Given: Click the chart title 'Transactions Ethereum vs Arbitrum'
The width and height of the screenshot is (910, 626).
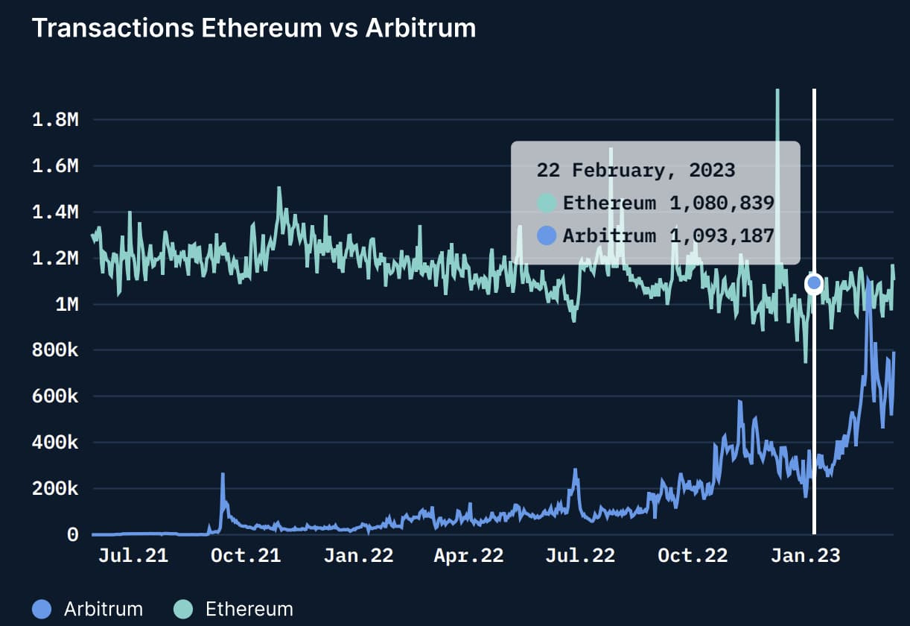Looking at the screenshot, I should tap(253, 28).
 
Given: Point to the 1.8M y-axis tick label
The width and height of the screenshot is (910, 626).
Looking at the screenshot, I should tap(55, 120).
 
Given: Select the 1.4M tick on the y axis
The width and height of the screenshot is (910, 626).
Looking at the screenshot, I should tap(55, 213).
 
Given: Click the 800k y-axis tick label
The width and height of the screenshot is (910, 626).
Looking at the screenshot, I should tap(55, 351).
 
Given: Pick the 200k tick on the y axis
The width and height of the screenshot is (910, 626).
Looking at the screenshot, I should tap(55, 490).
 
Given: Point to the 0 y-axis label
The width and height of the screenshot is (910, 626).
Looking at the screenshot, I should tap(72, 535).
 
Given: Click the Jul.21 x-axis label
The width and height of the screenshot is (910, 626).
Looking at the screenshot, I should tap(133, 556).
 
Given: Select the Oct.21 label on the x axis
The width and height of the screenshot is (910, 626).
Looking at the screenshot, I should tap(246, 556).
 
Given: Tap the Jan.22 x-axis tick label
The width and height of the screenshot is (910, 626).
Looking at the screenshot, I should tap(358, 556).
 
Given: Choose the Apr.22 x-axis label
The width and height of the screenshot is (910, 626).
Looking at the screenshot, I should tap(468, 556).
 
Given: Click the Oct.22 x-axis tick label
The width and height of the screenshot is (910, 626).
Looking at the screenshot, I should tap(693, 556).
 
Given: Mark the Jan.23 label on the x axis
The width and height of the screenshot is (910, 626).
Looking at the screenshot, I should tap(805, 556).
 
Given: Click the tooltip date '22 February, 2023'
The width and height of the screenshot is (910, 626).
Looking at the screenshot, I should tap(635, 170).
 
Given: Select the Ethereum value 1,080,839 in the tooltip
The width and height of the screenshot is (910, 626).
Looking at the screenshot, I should tap(722, 203).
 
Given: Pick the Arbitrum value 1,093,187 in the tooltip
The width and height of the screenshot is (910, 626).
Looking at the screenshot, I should tap(722, 236).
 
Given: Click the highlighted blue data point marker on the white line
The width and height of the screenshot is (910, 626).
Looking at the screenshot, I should tap(814, 282).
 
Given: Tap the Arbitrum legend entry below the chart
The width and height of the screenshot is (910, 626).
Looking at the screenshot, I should tap(88, 609).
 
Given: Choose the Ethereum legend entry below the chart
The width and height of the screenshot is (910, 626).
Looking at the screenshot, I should tap(234, 609).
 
